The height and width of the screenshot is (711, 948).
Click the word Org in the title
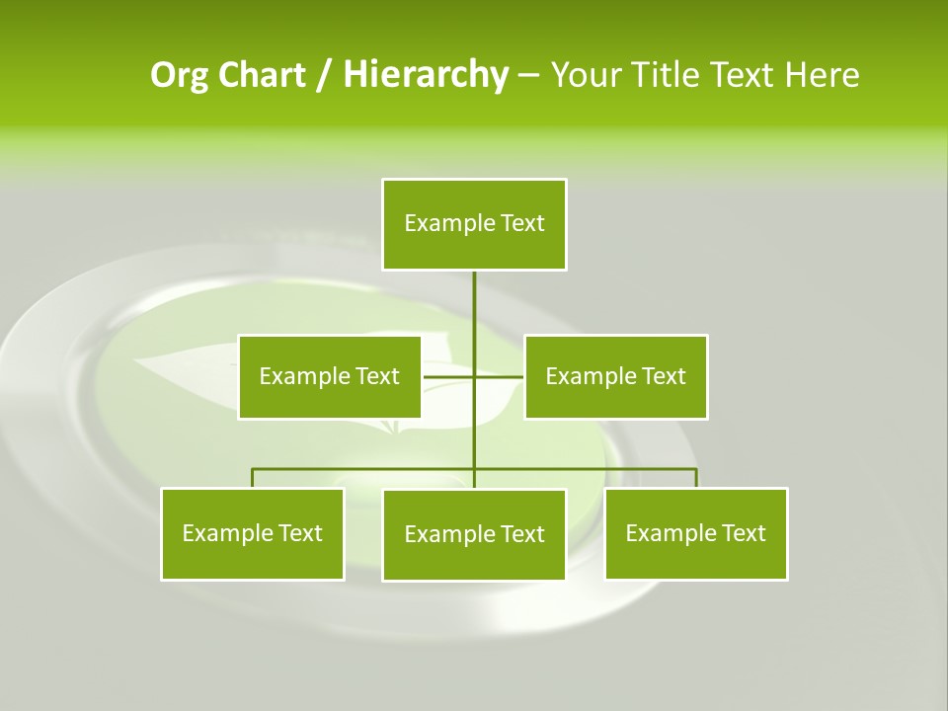click(x=179, y=75)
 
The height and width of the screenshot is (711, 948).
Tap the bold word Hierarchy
click(x=425, y=75)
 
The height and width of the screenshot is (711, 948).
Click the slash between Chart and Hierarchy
click(x=323, y=76)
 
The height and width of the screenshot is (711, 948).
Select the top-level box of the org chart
click(x=474, y=224)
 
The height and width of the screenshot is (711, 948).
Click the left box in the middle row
click(x=330, y=376)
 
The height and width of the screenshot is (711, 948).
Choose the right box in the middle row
click(x=616, y=376)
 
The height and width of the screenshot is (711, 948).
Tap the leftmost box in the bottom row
click(x=253, y=533)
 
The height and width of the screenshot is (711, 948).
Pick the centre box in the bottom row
click(x=474, y=534)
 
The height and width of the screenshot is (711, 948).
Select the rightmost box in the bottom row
click(x=696, y=533)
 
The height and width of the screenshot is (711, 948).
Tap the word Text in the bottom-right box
click(x=743, y=533)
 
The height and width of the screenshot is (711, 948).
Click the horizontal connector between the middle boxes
click(x=449, y=376)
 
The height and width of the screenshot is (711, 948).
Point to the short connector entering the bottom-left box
click(x=253, y=478)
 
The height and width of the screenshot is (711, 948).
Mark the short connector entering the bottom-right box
click(x=696, y=478)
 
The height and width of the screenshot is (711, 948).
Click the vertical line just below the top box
click(x=474, y=296)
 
